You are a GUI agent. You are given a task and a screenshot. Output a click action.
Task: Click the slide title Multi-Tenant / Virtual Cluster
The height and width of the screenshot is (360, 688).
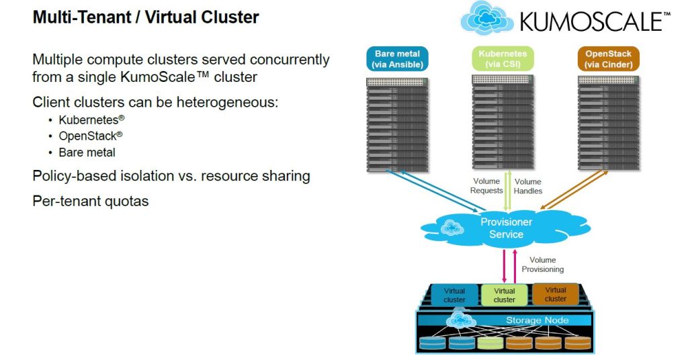point(146,17)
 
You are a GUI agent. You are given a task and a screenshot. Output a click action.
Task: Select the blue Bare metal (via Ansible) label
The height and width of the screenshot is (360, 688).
point(397,59)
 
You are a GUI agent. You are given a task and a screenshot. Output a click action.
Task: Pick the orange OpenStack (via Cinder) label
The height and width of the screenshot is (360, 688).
point(608,59)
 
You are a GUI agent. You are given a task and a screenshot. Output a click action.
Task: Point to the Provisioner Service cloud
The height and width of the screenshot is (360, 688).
point(506,228)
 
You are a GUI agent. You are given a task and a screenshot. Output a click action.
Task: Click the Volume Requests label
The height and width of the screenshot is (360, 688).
point(486,186)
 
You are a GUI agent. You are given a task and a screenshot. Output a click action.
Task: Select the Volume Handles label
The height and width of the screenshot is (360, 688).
point(527,186)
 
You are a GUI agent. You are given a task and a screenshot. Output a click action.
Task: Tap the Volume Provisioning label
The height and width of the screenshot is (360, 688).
point(542,265)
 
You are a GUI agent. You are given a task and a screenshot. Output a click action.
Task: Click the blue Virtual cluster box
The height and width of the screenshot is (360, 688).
point(454,295)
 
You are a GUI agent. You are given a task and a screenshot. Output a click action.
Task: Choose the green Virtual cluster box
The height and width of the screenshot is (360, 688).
point(505,295)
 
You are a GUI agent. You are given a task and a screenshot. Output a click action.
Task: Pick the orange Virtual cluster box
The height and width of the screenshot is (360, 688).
point(556,294)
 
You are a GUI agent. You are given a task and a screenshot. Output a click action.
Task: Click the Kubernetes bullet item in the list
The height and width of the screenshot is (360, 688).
point(91,120)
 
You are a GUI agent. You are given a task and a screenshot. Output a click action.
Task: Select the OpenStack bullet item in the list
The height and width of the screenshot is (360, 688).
point(91,136)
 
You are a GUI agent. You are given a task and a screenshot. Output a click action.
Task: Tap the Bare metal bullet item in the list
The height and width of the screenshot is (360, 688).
point(87,152)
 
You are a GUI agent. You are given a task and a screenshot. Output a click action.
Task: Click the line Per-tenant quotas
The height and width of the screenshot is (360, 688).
point(90,200)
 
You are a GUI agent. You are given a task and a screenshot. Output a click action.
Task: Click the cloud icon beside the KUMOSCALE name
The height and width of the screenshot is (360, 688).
point(487,18)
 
